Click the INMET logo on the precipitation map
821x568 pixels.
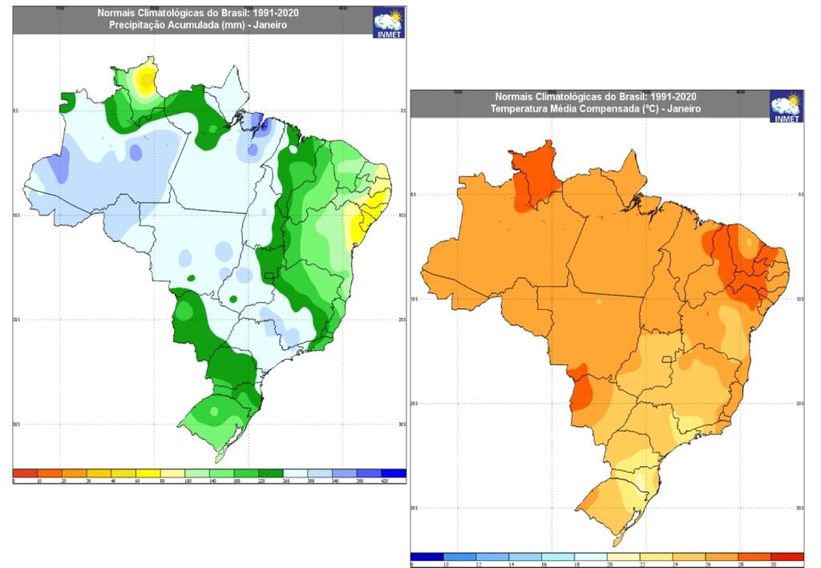[x=389, y=23]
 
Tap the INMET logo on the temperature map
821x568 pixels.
[x=786, y=107]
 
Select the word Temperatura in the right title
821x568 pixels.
[x=524, y=108]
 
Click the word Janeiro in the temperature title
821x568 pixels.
[x=681, y=108]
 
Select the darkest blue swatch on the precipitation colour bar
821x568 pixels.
[x=394, y=473]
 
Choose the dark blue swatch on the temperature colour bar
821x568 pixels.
[x=427, y=555]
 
